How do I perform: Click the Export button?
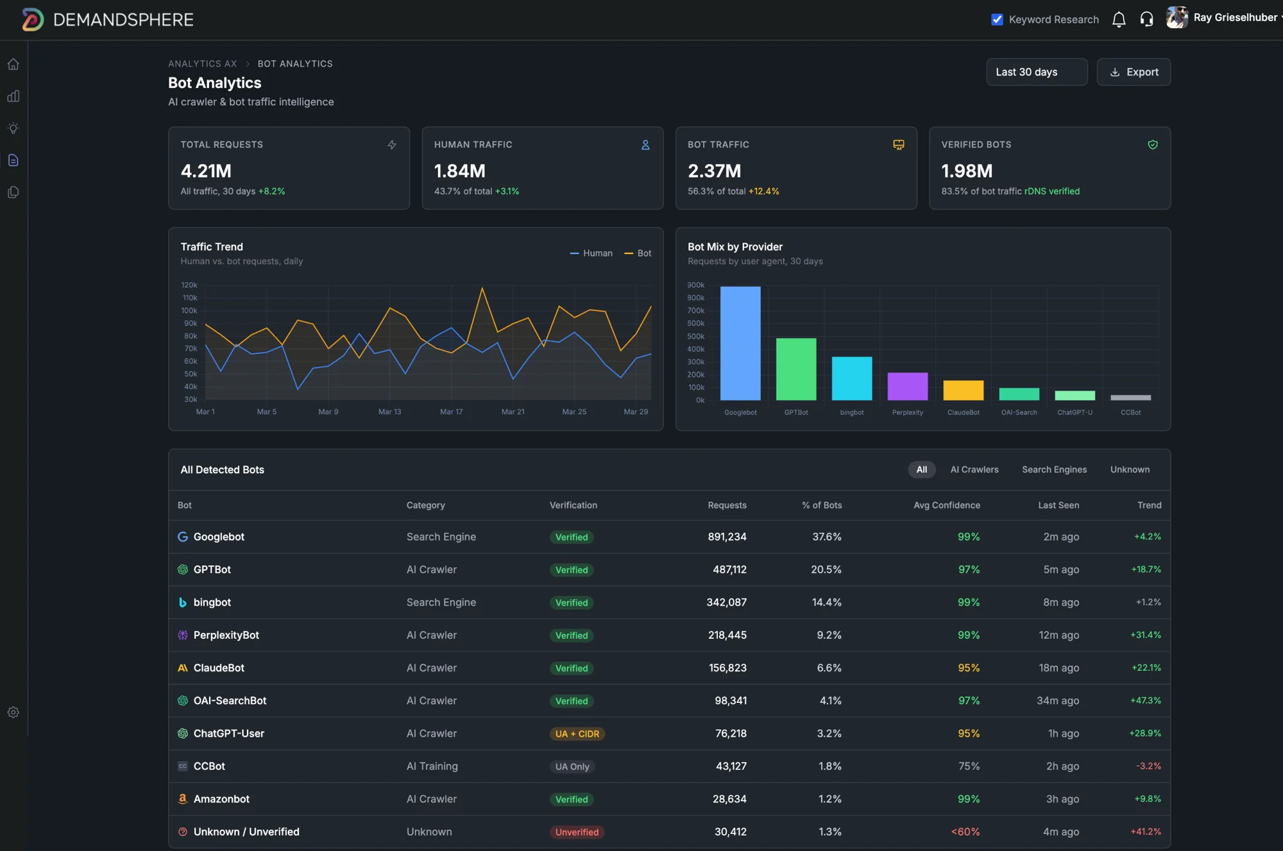1134,72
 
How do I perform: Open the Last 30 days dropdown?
1036,72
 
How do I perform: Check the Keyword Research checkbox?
997,19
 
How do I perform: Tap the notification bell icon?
1119,19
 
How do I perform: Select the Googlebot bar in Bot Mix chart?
740,343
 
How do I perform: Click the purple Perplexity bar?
907,386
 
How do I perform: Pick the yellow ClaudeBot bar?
963,390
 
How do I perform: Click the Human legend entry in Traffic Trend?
591,253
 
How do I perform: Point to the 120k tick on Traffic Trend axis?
189,285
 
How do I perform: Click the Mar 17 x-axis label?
451,412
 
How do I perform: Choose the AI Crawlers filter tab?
974,469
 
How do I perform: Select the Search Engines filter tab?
1054,469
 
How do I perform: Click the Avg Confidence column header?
946,505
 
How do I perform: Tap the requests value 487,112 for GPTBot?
729,569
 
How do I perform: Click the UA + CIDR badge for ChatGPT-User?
577,734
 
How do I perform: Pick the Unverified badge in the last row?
577,832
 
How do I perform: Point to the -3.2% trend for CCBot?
1148,766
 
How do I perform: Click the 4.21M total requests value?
206,171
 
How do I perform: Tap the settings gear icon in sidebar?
13,712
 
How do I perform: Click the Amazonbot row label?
221,799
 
